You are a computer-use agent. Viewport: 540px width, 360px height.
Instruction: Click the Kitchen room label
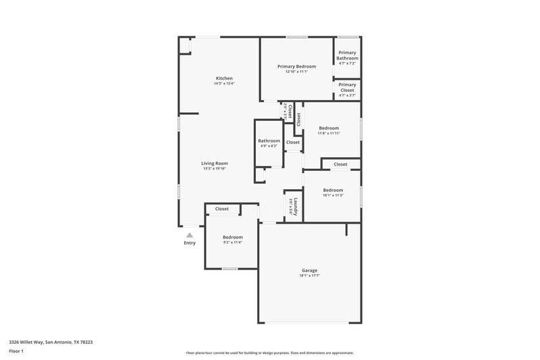pyautogui.click(x=224, y=78)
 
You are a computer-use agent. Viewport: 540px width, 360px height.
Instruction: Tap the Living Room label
pyautogui.click(x=215, y=163)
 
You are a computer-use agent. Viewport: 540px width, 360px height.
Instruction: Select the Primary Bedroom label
pyautogui.click(x=297, y=66)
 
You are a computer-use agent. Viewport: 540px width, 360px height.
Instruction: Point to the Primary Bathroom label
pyautogui.click(x=348, y=55)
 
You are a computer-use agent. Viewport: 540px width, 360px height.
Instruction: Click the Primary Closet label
pyautogui.click(x=348, y=87)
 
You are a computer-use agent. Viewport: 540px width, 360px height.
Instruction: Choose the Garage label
pyautogui.click(x=309, y=270)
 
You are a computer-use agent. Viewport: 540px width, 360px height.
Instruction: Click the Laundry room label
pyautogui.click(x=295, y=205)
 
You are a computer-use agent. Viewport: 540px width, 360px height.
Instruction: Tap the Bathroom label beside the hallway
pyautogui.click(x=269, y=140)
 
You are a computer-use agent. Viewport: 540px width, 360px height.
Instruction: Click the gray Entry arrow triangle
pyautogui.click(x=190, y=234)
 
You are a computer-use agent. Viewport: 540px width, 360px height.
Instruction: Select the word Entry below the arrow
pyautogui.click(x=190, y=243)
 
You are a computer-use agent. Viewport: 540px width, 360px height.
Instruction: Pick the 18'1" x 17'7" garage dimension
pyautogui.click(x=309, y=276)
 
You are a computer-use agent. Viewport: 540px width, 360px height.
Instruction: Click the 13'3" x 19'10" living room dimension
pyautogui.click(x=215, y=168)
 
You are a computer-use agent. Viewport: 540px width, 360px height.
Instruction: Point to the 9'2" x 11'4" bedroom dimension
pyautogui.click(x=233, y=242)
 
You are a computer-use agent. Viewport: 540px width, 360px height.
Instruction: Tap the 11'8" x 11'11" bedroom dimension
pyautogui.click(x=329, y=133)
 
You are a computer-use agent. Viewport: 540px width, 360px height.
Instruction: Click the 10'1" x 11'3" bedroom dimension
pyautogui.click(x=333, y=195)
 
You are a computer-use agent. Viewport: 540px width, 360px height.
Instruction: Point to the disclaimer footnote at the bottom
pyautogui.click(x=269, y=353)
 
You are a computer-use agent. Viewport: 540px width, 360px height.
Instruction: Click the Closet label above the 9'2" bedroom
pyautogui.click(x=222, y=209)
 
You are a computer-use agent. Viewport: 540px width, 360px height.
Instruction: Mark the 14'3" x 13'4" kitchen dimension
pyautogui.click(x=224, y=84)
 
